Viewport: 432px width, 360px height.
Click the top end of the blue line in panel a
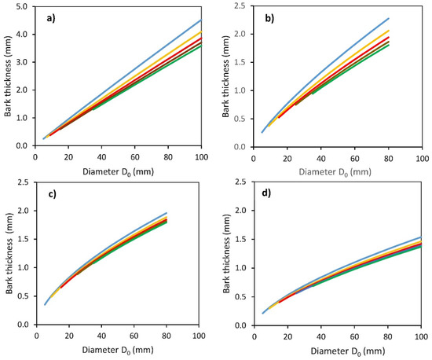click(202, 20)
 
